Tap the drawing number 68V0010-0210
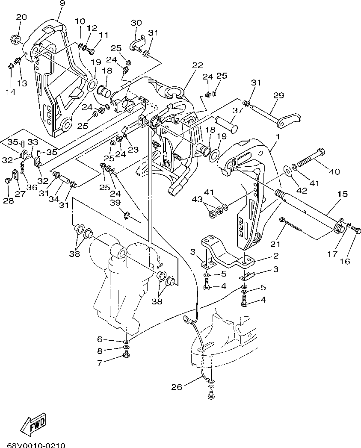point(36,445)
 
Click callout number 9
point(62,3)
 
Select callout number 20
point(21,18)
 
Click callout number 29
point(278,95)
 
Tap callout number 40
point(334,172)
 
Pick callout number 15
point(342,194)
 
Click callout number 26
point(177,387)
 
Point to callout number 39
point(115,203)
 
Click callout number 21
point(275,244)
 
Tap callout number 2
point(275,256)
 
